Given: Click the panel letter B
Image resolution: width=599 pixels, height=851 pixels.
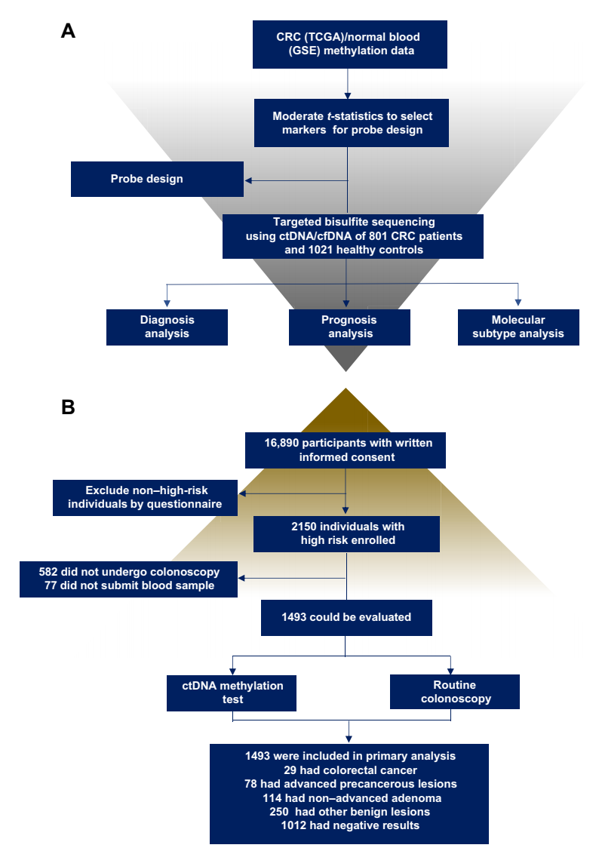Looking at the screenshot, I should (69, 407).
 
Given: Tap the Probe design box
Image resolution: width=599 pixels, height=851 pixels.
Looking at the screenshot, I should (157, 179).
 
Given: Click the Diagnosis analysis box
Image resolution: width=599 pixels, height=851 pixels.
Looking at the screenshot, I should (167, 327).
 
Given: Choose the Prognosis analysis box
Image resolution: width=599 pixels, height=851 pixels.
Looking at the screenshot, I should (349, 327).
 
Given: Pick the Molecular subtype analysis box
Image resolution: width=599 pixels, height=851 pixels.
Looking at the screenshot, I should (518, 327).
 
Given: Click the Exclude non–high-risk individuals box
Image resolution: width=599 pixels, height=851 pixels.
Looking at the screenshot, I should (145, 496).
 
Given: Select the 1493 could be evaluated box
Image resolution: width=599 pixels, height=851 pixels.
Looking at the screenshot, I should (346, 617).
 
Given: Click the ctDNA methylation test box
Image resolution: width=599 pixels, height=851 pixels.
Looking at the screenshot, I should (232, 693).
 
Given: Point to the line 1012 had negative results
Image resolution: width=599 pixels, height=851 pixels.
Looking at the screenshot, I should (349, 825).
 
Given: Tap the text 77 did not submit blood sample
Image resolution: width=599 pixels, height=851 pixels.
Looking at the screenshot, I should (129, 585).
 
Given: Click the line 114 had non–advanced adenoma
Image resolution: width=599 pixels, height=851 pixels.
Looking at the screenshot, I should (349, 797).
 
